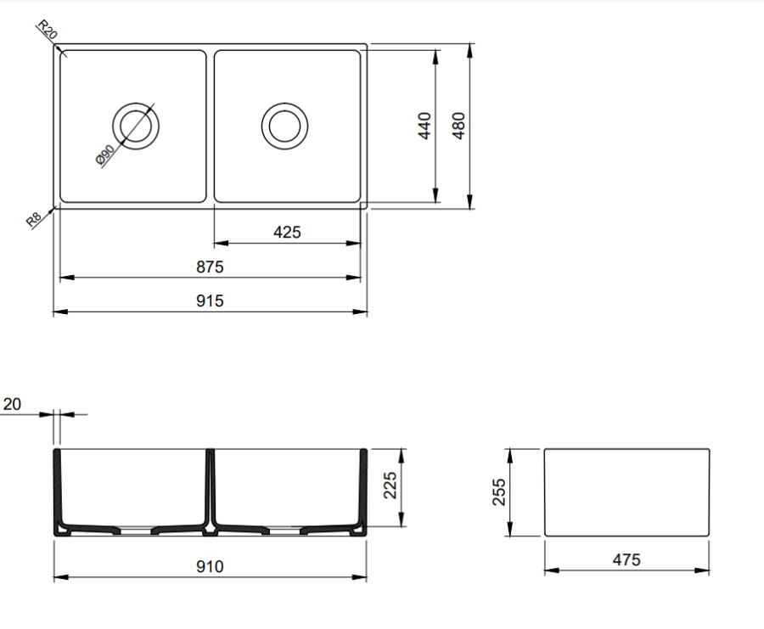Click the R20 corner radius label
(x=48, y=30)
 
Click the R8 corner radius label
(x=33, y=220)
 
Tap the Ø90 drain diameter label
(x=105, y=155)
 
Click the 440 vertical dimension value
(x=425, y=126)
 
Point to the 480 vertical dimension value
(x=459, y=126)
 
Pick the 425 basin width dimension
(x=287, y=232)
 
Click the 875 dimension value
(x=210, y=267)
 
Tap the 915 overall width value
(x=210, y=301)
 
